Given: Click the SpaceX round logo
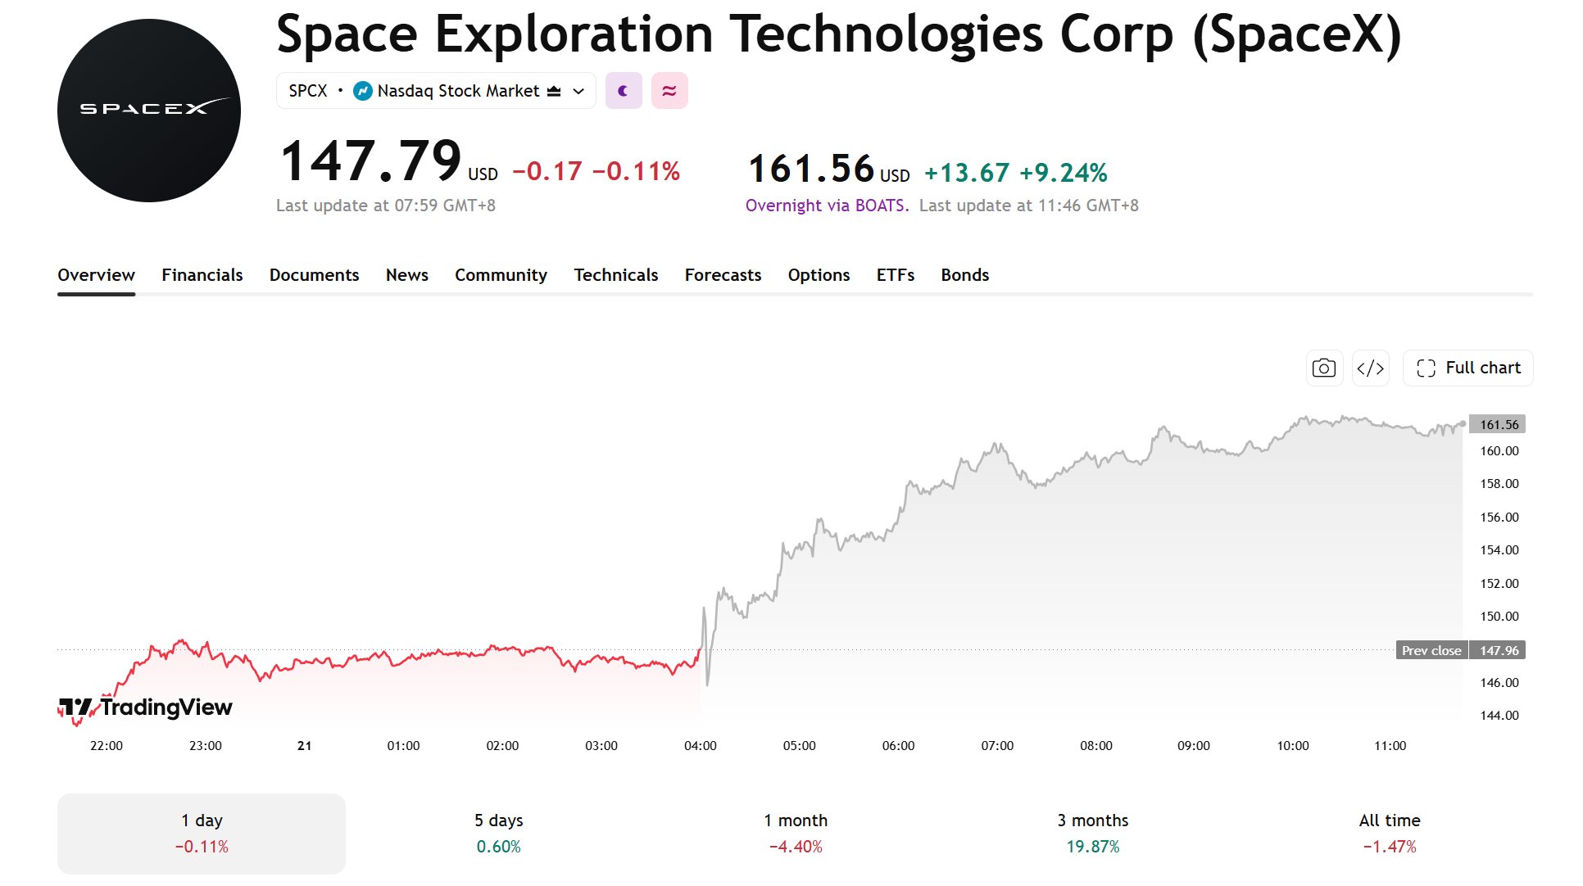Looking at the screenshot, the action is [x=149, y=111].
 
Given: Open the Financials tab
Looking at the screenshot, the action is [x=202, y=275].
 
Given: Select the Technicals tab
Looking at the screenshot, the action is [x=616, y=275].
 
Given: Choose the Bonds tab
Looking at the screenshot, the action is [x=965, y=275].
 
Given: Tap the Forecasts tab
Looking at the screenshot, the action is [x=723, y=275].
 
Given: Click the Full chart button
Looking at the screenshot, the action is [x=1468, y=368].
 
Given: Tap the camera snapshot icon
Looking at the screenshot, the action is [x=1324, y=368].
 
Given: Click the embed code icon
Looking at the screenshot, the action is [x=1371, y=368].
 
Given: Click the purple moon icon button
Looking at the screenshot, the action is [x=624, y=91].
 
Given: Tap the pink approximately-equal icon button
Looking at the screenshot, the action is [x=669, y=91].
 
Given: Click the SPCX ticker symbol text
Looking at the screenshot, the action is [x=308, y=91].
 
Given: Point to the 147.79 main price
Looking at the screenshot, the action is [x=371, y=160].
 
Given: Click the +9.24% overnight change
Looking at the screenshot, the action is [x=1064, y=173].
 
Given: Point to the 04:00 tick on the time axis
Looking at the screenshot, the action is [x=701, y=746].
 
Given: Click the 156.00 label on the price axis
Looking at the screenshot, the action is [x=1499, y=518].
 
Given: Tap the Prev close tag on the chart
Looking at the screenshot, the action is [x=1431, y=651].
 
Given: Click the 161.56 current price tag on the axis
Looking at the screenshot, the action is [x=1498, y=424].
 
